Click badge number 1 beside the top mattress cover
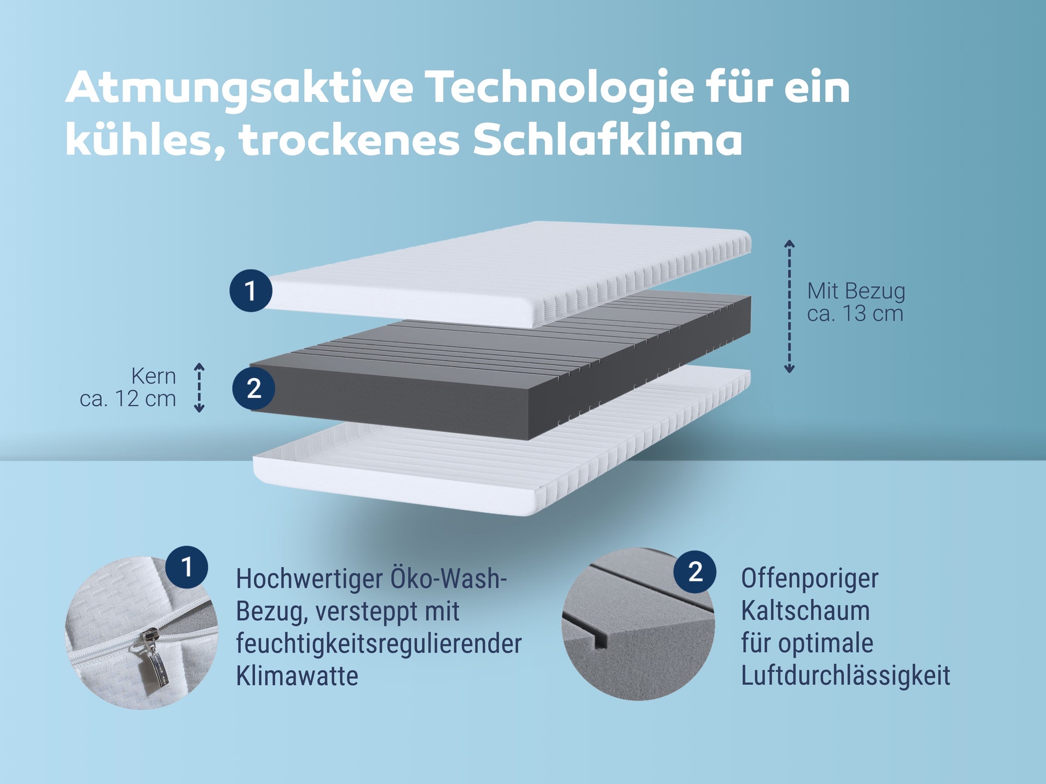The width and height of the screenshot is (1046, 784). [x=250, y=291]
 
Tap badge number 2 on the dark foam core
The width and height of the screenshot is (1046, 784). [x=254, y=388]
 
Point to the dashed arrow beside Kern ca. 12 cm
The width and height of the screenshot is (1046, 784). [x=199, y=388]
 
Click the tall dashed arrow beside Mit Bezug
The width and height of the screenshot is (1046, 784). [x=789, y=306]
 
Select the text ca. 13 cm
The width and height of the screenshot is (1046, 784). [x=855, y=314]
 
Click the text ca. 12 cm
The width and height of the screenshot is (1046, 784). [x=128, y=399]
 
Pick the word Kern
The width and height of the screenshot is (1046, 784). [x=154, y=376]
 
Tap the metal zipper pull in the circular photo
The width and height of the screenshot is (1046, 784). [x=155, y=658]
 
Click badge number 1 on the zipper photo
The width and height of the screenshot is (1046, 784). [x=187, y=567]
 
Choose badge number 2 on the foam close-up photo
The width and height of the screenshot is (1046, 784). [x=695, y=572]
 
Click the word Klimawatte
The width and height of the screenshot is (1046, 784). [x=297, y=676]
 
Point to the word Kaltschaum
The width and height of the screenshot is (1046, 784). [x=805, y=611]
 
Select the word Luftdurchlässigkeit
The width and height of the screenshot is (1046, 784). [x=846, y=676]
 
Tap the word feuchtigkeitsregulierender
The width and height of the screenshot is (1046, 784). [x=379, y=644]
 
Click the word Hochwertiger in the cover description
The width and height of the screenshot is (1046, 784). [x=309, y=579]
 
